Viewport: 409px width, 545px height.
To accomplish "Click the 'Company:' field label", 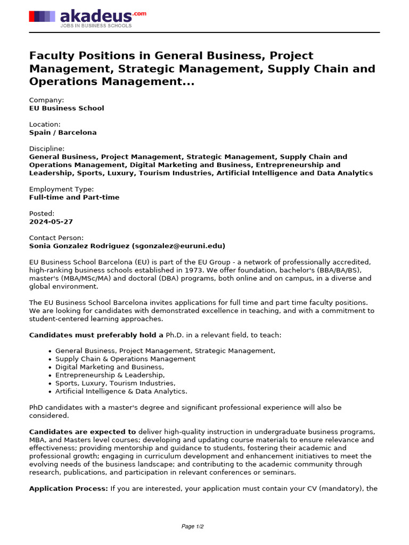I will pyautogui.click(x=46, y=100).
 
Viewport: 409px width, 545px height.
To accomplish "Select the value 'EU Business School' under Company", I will pyautogui.click(x=67, y=108).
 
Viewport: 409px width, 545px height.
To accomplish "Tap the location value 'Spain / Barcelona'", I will pyautogui.click(x=63, y=133).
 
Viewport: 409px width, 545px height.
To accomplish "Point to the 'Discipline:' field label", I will pyautogui.click(x=47, y=148).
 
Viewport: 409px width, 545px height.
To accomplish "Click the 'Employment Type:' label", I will pyautogui.click(x=61, y=189).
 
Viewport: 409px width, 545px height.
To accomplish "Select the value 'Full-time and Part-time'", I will pyautogui.click(x=74, y=197).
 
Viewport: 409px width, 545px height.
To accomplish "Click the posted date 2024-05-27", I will pyautogui.click(x=51, y=221).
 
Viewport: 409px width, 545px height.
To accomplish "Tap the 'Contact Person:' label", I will pyautogui.click(x=56, y=237).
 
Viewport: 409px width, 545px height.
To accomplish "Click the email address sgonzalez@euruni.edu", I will pyautogui.click(x=178, y=246).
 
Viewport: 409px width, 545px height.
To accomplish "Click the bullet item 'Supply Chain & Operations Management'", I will pyautogui.click(x=125, y=359).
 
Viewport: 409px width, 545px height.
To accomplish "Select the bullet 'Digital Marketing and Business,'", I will pyautogui.click(x=110, y=367).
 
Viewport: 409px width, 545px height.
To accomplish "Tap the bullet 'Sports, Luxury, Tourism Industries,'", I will pyautogui.click(x=115, y=383).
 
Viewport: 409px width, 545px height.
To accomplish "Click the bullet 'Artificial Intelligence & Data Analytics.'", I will pyautogui.click(x=121, y=391).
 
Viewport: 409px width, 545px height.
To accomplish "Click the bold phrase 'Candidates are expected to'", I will pyautogui.click(x=83, y=432).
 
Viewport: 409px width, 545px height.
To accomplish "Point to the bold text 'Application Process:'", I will pyautogui.click(x=69, y=488).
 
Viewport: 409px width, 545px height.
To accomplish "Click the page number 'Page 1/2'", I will pyautogui.click(x=193, y=526).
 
